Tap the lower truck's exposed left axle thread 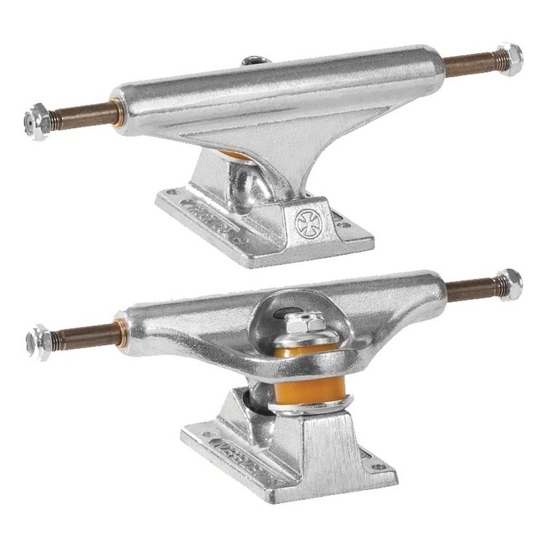click(x=76, y=333)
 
